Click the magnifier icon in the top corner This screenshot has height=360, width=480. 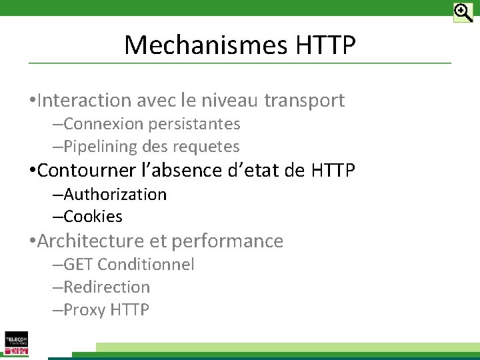coord(463,13)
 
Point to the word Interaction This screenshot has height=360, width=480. coord(85,101)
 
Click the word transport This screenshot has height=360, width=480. coord(305,101)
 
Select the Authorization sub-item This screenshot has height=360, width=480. coord(115,195)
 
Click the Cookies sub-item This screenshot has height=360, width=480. coord(93,217)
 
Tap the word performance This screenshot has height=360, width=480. coord(227,241)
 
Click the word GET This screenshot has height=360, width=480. coord(78,265)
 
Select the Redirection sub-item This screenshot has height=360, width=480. coord(107,287)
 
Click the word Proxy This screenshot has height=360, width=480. coord(85,310)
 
